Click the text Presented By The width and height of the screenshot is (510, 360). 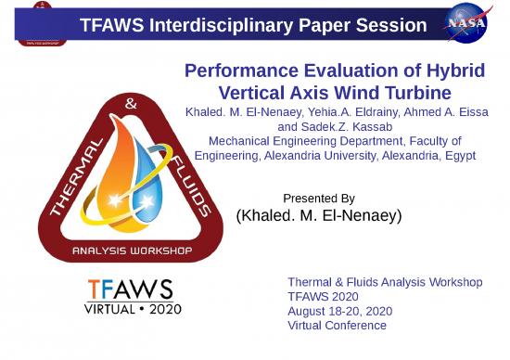pos(318,199)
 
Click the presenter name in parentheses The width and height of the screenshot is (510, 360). pos(318,215)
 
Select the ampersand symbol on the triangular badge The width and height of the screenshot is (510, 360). pos(130,106)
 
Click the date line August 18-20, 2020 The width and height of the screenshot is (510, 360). pos(338,311)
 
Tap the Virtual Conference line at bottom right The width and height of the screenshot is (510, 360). pos(337,325)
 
